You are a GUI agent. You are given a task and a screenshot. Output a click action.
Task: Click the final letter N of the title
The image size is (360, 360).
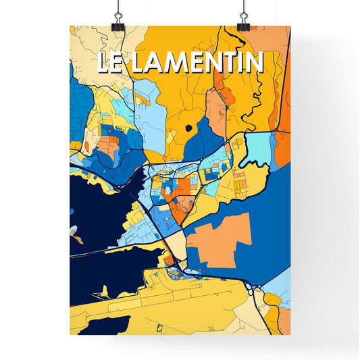tap(253, 63)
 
